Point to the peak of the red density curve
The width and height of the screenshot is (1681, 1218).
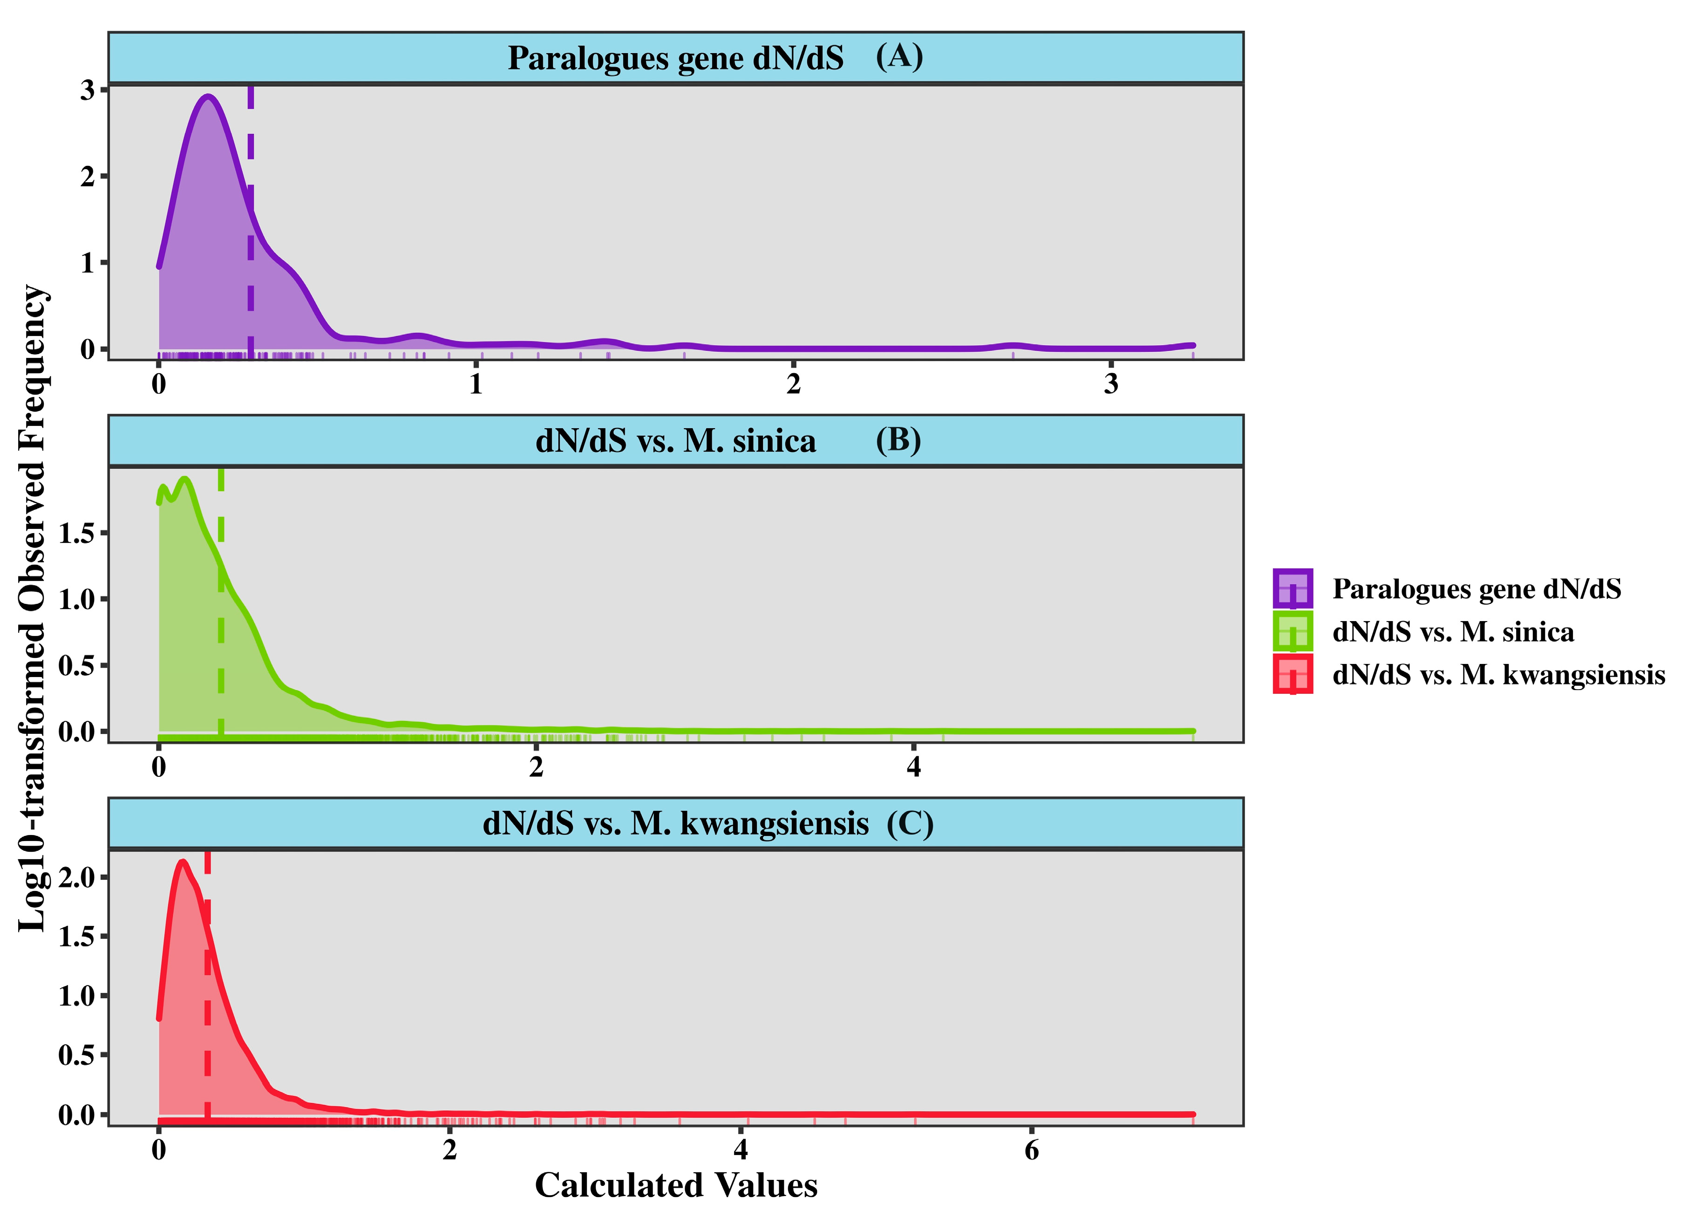(182, 862)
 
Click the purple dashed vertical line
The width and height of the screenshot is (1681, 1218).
(251, 222)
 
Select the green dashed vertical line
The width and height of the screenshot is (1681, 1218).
(221, 630)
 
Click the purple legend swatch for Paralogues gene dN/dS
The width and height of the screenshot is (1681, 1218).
(1293, 588)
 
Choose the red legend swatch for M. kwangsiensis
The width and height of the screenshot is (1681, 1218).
(1293, 674)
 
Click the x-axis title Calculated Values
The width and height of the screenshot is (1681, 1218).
(676, 1184)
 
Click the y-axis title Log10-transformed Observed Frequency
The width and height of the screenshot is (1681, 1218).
(34, 608)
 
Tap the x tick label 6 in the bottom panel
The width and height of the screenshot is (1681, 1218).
(1031, 1150)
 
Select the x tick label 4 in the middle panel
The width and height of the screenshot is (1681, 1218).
(913, 766)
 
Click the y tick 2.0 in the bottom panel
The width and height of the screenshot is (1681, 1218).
(77, 877)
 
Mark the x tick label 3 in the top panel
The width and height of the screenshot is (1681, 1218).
(1110, 383)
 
